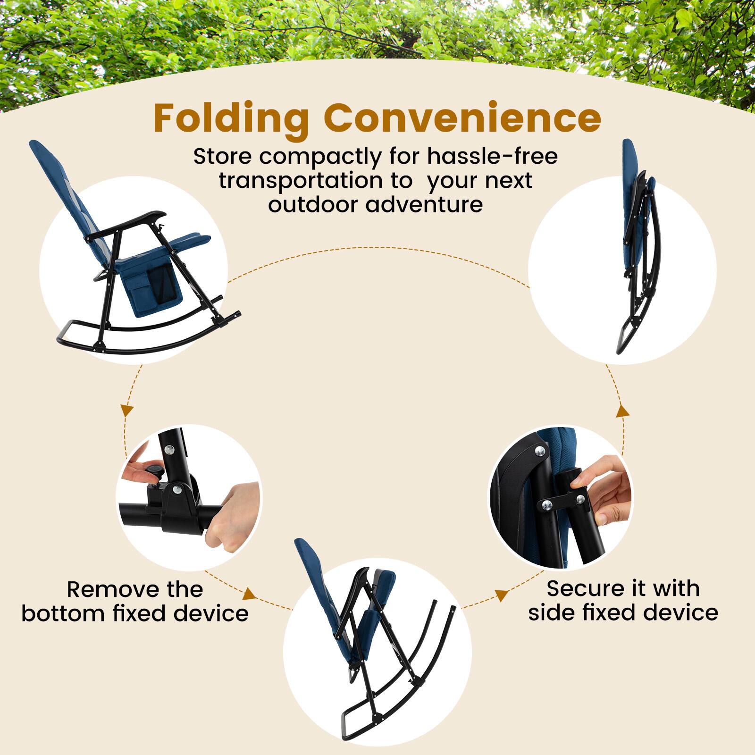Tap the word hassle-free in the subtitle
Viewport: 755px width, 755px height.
point(493,156)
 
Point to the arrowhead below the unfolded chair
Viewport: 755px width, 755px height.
point(126,410)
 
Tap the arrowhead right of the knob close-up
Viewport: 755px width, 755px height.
point(250,595)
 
